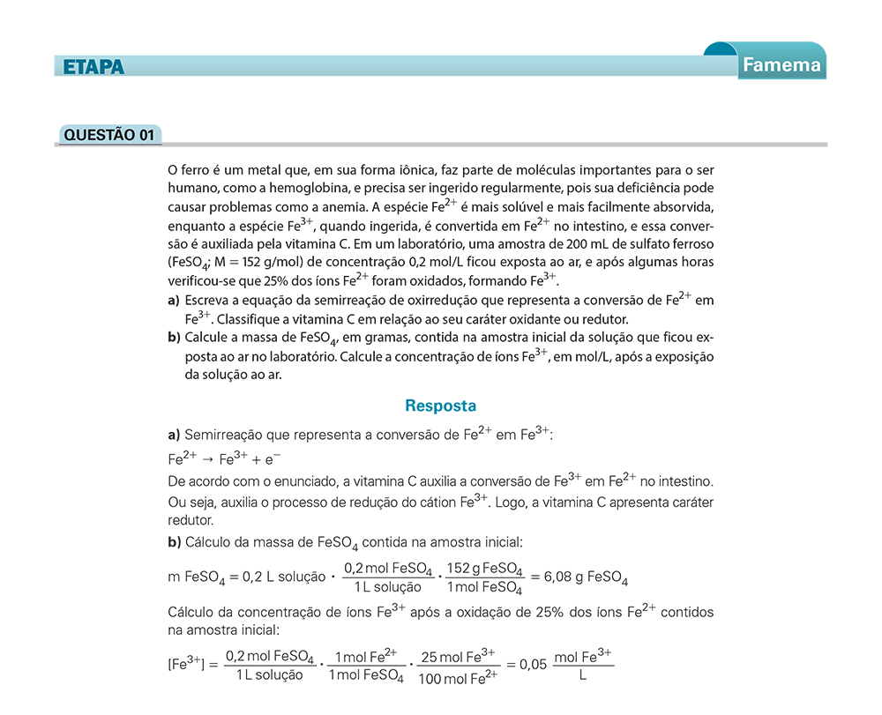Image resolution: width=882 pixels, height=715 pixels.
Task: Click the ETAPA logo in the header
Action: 93,66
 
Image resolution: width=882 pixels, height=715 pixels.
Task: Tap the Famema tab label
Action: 781,64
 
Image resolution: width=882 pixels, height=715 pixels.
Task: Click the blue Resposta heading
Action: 440,406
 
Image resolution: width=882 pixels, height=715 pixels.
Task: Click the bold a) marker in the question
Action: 174,302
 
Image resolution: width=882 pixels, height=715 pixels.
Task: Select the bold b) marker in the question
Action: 174,339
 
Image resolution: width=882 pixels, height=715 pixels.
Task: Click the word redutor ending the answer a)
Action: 191,520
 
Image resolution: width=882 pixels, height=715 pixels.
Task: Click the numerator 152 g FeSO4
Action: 484,569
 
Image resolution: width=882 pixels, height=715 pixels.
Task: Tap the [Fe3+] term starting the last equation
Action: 186,664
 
